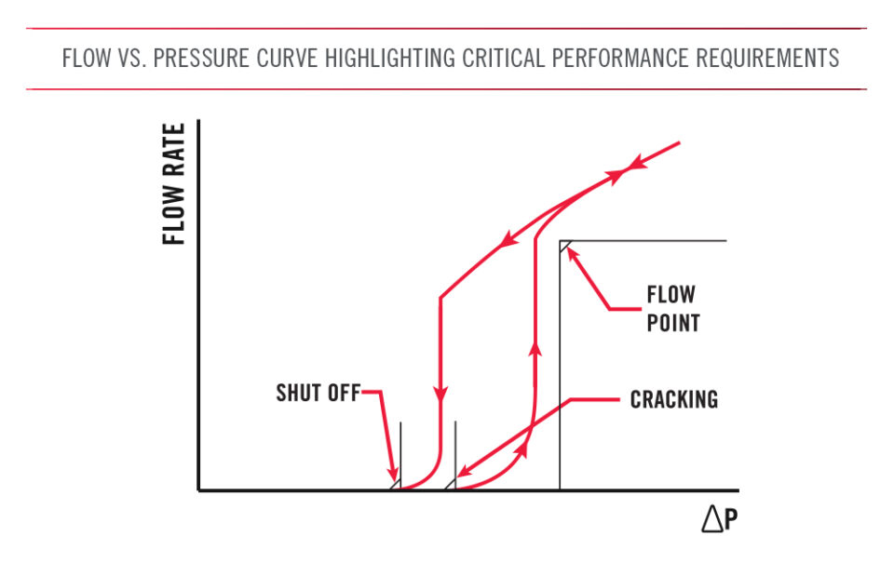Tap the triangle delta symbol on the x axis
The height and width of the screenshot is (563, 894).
pyautogui.click(x=712, y=520)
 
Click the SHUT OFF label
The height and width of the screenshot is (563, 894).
pyautogui.click(x=318, y=393)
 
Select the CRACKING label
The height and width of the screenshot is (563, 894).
pyautogui.click(x=673, y=400)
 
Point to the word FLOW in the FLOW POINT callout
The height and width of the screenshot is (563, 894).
pyautogui.click(x=670, y=295)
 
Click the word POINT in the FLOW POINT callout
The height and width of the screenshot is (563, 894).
pyautogui.click(x=673, y=324)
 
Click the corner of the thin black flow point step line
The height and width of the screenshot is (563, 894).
pyautogui.click(x=561, y=241)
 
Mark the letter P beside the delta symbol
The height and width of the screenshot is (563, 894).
pyautogui.click(x=732, y=521)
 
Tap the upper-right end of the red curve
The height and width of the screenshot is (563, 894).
pyautogui.click(x=679, y=143)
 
